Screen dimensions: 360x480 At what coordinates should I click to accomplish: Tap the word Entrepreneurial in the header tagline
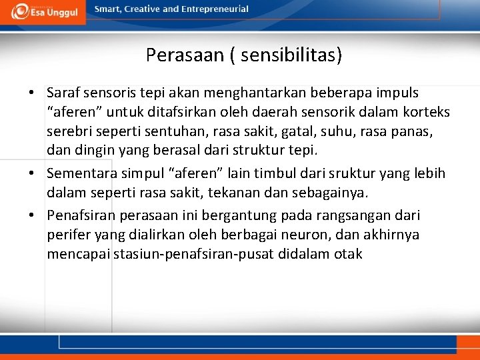click(x=215, y=9)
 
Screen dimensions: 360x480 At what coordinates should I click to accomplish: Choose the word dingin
click(x=91, y=151)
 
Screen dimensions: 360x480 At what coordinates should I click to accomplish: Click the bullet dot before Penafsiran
click(x=32, y=215)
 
